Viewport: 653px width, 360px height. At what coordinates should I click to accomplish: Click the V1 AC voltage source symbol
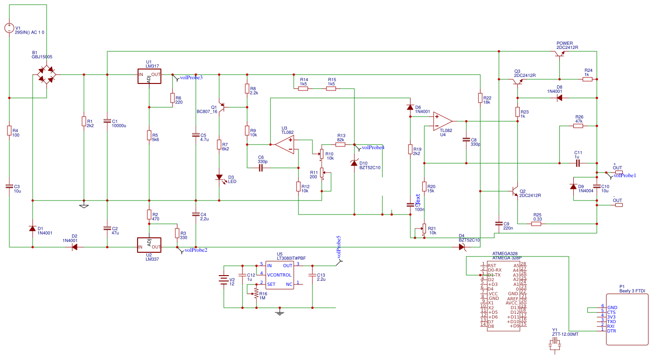[9, 28]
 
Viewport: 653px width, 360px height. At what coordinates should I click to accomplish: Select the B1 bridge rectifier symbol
[46, 75]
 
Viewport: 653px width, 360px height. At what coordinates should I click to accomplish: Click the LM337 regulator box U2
[149, 244]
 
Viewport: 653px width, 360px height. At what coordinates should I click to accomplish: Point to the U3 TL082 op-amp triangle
[285, 144]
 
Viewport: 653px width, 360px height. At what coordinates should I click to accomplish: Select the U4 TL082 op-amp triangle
[442, 121]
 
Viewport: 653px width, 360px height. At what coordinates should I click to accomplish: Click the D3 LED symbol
[219, 177]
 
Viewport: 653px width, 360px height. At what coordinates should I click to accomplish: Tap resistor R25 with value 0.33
[536, 224]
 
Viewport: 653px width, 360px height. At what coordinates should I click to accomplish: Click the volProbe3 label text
[191, 77]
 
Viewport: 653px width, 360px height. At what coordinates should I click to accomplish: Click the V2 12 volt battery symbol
[224, 280]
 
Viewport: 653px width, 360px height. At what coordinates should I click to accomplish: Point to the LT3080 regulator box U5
[280, 275]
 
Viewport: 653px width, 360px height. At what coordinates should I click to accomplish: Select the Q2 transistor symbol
[515, 191]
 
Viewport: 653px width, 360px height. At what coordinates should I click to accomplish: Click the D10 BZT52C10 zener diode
[354, 163]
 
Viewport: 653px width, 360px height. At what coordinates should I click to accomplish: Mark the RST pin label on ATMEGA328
[491, 265]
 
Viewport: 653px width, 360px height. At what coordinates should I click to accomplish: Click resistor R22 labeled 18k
[480, 98]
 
